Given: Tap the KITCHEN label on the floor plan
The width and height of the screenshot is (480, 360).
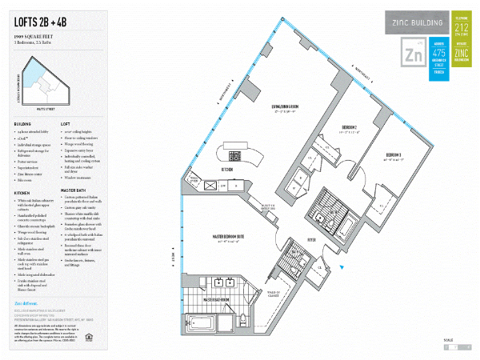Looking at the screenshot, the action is click(226, 169).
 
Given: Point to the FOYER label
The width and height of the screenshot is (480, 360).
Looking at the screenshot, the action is click(313, 237).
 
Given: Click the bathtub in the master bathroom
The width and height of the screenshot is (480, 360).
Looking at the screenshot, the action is click(206, 323).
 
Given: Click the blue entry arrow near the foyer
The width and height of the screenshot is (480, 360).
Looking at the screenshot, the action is click(343, 267).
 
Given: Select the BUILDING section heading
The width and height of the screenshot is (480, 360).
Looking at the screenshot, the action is click(23, 124).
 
